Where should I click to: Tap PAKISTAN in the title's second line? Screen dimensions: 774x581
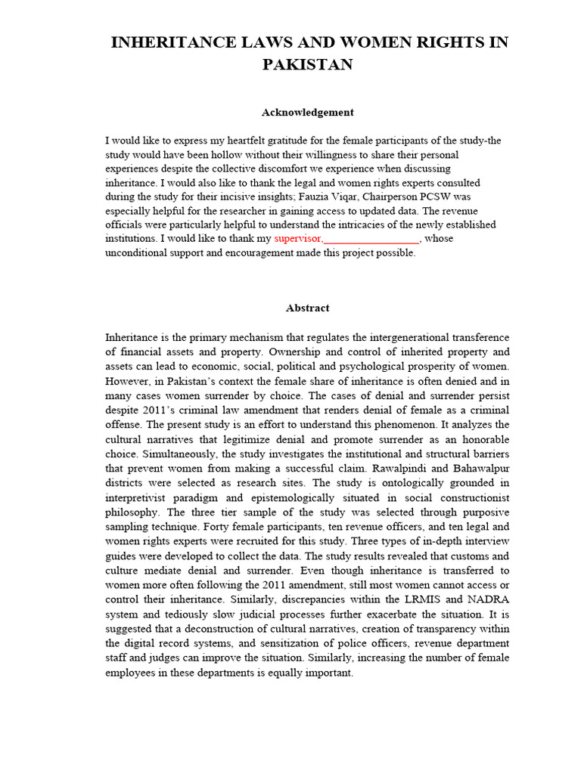point(307,65)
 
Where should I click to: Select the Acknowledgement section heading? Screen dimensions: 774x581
point(307,113)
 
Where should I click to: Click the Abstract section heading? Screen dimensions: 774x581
point(307,308)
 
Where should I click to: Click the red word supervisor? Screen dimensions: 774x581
point(297,239)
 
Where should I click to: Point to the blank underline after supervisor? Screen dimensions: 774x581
point(371,239)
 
